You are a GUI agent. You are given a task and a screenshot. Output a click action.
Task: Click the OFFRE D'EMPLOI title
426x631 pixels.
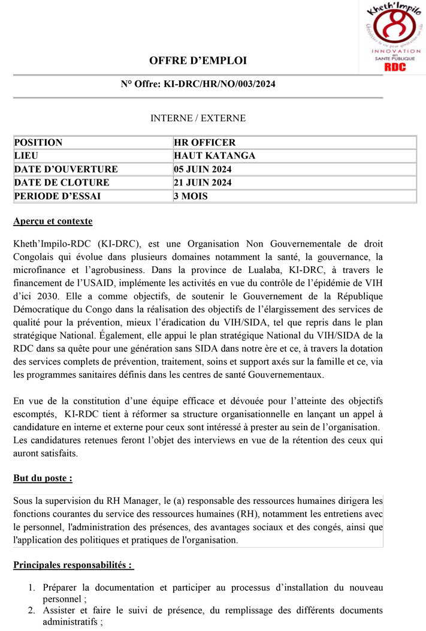pyautogui.click(x=198, y=61)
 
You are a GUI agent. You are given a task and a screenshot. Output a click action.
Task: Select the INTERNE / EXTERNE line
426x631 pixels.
pyautogui.click(x=198, y=118)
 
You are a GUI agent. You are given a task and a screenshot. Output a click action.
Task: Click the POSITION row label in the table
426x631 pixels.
pyautogui.click(x=38, y=143)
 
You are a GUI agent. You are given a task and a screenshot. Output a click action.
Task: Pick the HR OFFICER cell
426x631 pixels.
pyautogui.click(x=204, y=143)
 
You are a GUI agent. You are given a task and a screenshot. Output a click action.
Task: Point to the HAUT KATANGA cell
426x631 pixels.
pyautogui.click(x=214, y=156)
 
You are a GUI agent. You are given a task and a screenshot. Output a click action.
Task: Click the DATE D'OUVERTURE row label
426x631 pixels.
pyautogui.click(x=65, y=169)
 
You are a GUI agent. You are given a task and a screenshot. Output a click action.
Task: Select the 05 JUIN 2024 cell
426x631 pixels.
pyautogui.click(x=203, y=169)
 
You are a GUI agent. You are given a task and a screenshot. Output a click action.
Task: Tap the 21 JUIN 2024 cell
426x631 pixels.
pyautogui.click(x=203, y=182)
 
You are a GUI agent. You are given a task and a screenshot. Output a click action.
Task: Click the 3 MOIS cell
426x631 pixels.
pyautogui.click(x=191, y=196)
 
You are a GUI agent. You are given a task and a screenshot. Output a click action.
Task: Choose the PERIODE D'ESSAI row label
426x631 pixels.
pyautogui.click(x=57, y=196)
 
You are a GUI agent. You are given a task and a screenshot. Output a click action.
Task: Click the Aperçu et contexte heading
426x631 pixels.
pyautogui.click(x=53, y=221)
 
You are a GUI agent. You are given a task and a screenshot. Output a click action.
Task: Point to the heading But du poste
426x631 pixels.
pyautogui.click(x=43, y=478)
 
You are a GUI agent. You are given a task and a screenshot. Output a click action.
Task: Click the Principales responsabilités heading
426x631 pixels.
pyautogui.click(x=73, y=565)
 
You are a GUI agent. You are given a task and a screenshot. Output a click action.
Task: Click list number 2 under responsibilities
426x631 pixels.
pyautogui.click(x=31, y=610)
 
